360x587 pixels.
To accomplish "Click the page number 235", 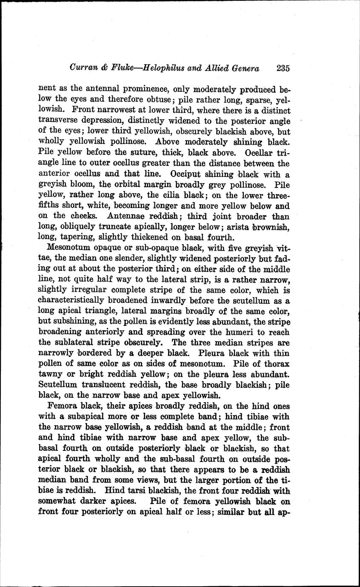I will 283,68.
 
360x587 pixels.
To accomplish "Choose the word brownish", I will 272,227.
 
